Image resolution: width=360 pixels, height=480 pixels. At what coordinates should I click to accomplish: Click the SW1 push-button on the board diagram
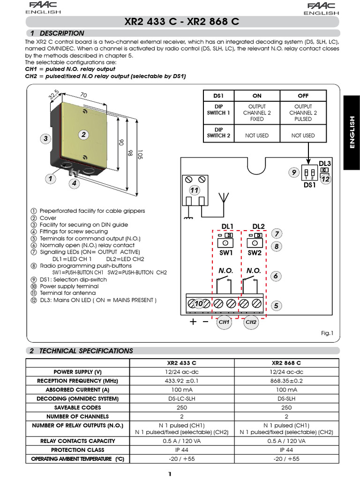pos(225,243)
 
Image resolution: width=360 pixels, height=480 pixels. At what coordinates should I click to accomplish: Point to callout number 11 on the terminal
pos(195,190)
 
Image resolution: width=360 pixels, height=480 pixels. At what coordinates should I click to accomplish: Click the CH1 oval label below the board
pos(224,322)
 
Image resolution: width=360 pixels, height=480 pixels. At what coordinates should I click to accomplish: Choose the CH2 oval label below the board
pos(251,322)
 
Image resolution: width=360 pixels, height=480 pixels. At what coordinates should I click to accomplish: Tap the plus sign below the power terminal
pos(193,322)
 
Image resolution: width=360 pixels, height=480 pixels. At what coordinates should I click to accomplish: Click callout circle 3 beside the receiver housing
pos(45,139)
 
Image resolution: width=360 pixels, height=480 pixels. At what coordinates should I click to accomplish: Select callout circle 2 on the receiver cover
pos(84,135)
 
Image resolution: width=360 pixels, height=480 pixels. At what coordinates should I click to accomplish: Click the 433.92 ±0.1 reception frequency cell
pos(181,381)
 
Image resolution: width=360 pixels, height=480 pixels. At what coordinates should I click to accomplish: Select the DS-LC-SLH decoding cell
pos(181,399)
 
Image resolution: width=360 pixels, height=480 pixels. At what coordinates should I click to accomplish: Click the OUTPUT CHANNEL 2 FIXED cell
pos(257,113)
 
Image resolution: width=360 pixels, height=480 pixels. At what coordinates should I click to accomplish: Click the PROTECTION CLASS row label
pos(78,450)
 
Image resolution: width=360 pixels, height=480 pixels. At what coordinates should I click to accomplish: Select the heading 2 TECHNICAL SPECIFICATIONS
pos(81,351)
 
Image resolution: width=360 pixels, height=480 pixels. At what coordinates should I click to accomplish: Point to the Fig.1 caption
pos(326,333)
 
